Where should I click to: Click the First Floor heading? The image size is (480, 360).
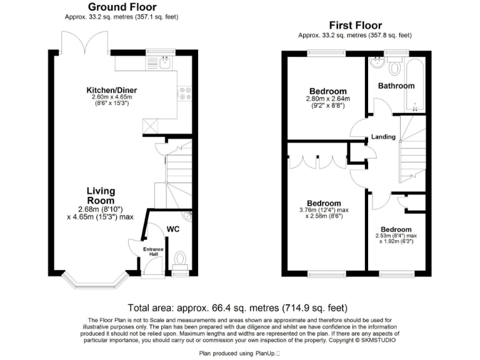click(x=355, y=25)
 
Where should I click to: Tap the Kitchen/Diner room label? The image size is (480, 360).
click(x=110, y=90)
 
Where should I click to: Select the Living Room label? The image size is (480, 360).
click(x=101, y=196)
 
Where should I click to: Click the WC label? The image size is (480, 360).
click(x=173, y=229)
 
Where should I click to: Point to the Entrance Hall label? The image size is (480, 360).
click(x=154, y=252)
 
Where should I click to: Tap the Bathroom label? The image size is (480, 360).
click(x=396, y=86)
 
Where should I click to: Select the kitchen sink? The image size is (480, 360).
click(x=165, y=62)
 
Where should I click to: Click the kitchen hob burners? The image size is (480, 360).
click(x=186, y=93)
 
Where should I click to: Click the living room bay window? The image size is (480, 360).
click(x=96, y=282)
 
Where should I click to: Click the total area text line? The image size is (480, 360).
click(x=237, y=308)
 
